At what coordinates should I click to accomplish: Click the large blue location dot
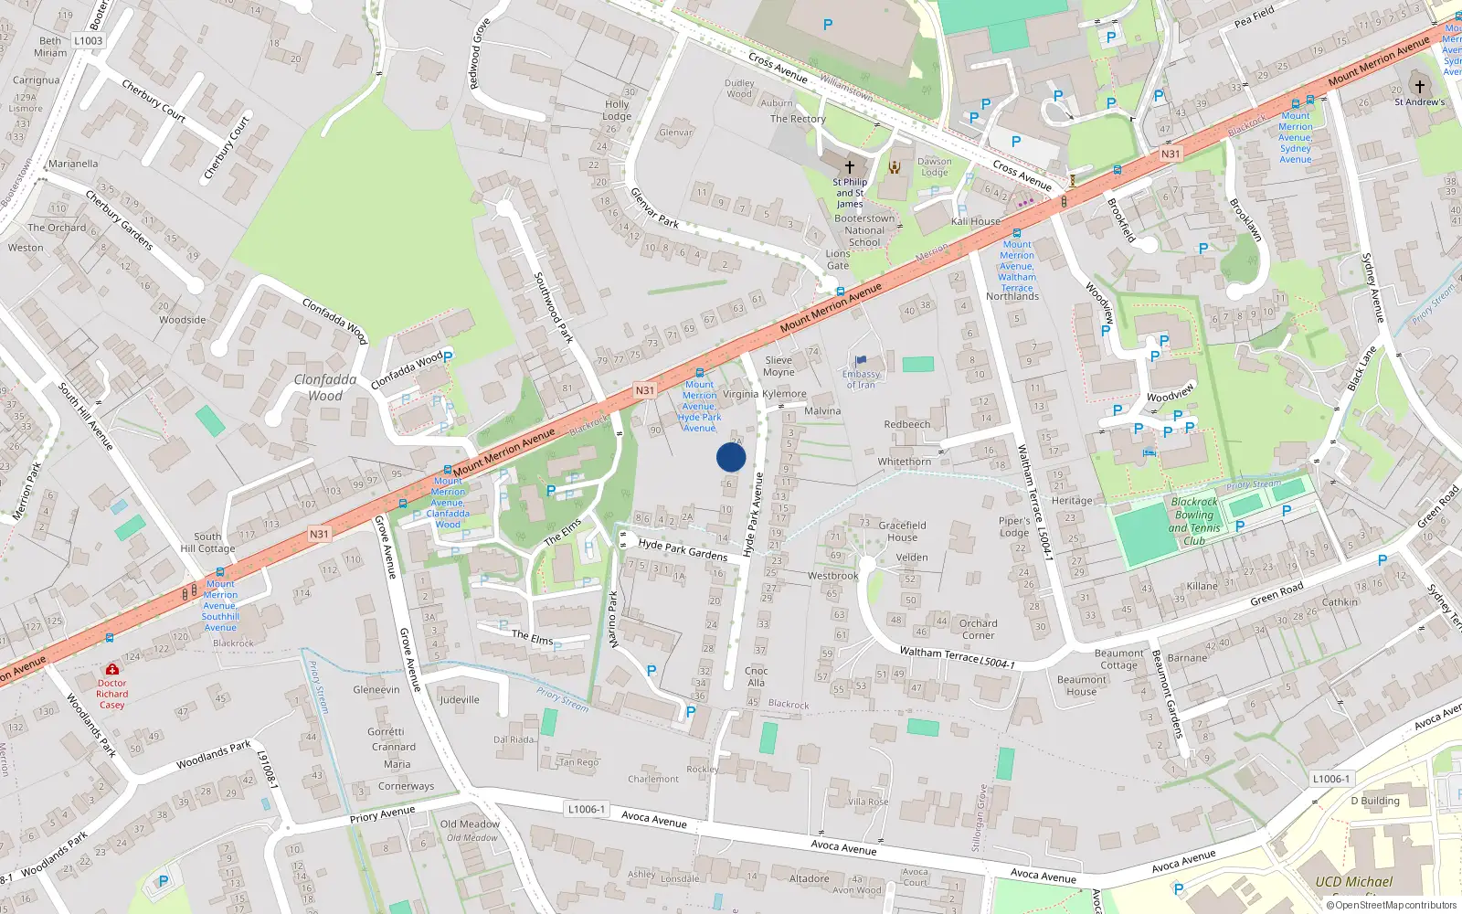(731, 457)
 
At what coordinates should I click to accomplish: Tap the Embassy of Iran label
(861, 379)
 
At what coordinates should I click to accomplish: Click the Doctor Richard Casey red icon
(112, 669)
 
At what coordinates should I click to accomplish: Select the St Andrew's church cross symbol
(1419, 86)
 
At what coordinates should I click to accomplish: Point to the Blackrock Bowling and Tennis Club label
(1194, 521)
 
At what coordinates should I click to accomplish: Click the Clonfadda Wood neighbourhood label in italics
(325, 388)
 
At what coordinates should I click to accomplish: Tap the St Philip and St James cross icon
(850, 167)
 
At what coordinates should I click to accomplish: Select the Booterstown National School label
(864, 230)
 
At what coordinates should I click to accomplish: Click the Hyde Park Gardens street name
(683, 549)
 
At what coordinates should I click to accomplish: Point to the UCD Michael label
(1353, 882)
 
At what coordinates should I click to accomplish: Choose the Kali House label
(975, 221)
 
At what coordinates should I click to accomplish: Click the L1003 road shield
(89, 41)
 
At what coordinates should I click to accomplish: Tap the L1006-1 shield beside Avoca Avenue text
(586, 809)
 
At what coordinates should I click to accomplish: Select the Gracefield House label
(902, 531)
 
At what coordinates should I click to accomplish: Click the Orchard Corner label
(978, 629)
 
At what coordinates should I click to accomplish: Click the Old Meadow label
(470, 824)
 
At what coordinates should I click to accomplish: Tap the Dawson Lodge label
(934, 166)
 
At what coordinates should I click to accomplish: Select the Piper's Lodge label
(1013, 526)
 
